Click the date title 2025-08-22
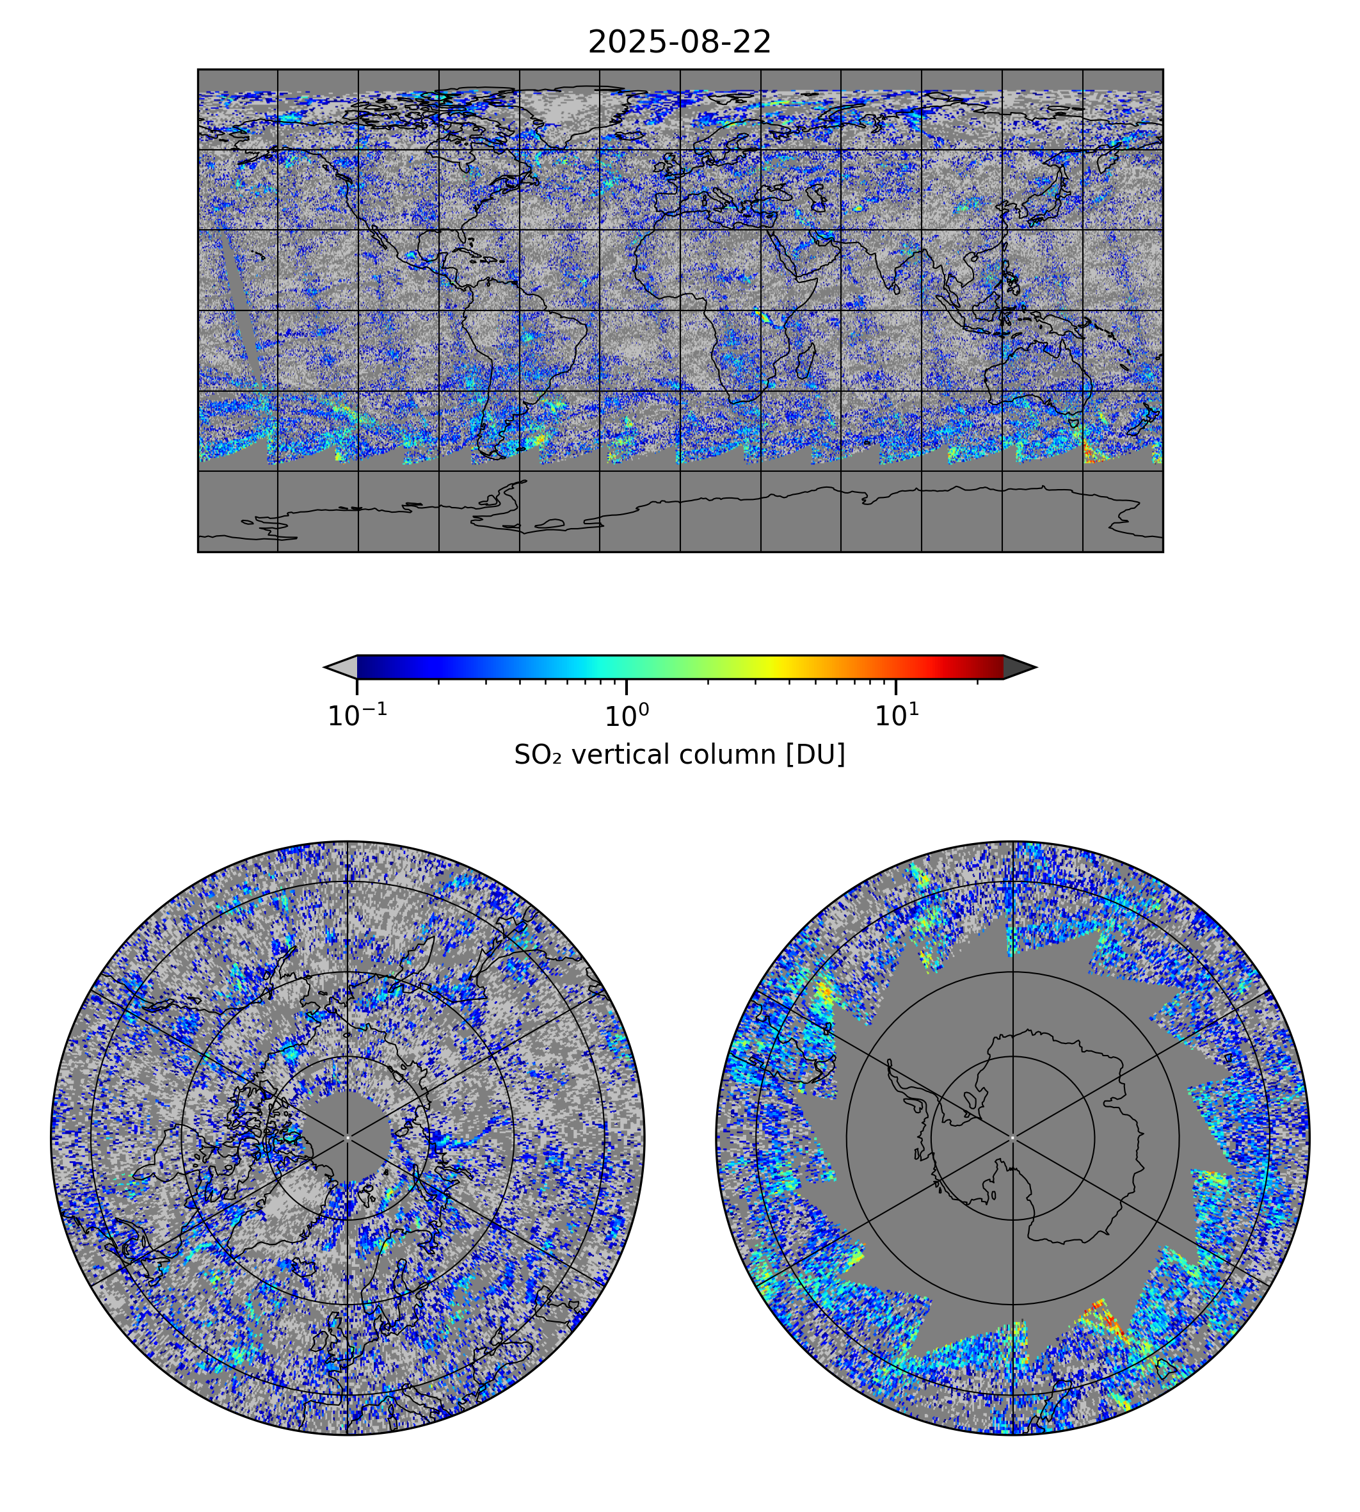click(x=679, y=43)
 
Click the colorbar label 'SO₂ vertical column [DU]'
click(x=679, y=755)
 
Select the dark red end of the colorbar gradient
click(x=994, y=666)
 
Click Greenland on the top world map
click(x=568, y=112)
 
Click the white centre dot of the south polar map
click(x=1012, y=1138)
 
